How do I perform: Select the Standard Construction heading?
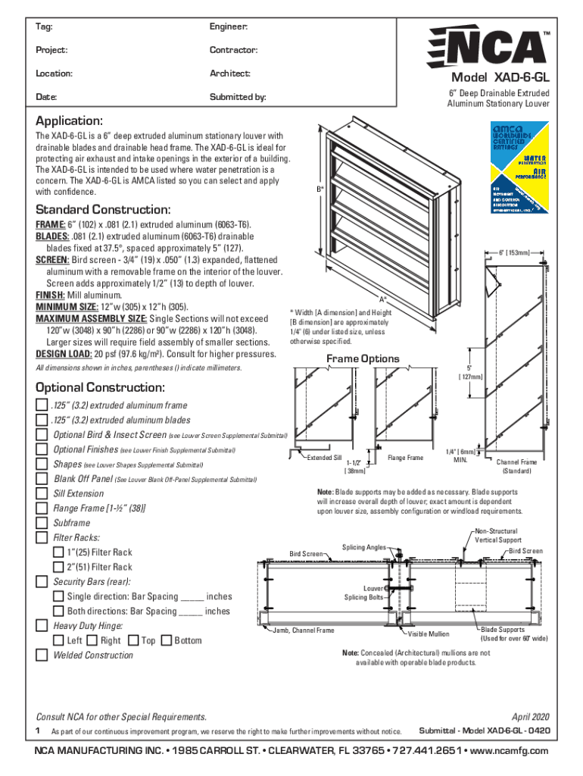(103, 209)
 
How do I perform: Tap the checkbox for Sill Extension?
(42, 494)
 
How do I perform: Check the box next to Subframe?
(42, 524)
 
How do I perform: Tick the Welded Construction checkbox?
(42, 656)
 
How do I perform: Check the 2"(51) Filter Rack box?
(58, 568)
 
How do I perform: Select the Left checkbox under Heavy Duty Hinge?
(58, 641)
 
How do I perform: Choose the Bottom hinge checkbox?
(167, 641)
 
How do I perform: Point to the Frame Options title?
(363, 358)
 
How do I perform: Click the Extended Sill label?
(324, 458)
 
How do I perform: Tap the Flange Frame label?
(405, 458)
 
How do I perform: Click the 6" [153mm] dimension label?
(519, 252)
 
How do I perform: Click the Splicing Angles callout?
(364, 546)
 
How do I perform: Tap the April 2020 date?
(530, 717)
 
